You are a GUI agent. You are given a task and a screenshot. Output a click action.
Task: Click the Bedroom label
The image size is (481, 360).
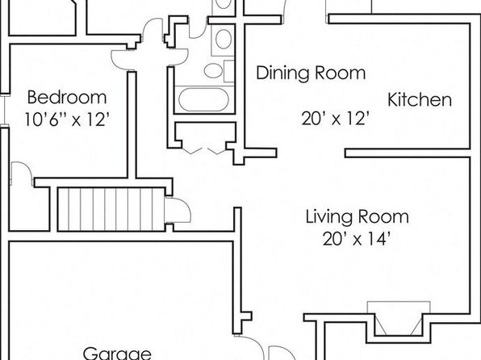(67, 98)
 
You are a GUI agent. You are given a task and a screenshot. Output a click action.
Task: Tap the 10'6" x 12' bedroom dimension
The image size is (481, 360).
(67, 119)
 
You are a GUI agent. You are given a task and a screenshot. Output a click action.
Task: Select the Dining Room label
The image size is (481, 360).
(311, 73)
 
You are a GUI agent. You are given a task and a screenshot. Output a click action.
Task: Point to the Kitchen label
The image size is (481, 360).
(420, 99)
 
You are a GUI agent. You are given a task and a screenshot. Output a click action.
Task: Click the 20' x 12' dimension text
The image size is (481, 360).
(335, 119)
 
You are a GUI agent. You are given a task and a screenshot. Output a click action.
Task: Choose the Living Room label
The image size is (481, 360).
(358, 216)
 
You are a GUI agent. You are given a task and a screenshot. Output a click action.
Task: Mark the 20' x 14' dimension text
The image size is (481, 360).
(356, 239)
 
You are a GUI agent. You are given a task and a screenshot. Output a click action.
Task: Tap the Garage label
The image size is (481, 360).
(117, 354)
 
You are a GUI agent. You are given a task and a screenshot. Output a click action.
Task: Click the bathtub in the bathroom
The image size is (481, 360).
(203, 99)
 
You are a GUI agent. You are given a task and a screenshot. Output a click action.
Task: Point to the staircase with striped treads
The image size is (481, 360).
(111, 209)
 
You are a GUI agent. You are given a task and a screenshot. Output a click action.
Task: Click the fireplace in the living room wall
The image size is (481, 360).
(399, 319)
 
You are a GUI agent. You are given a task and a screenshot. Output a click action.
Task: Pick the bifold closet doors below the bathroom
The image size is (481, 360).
(204, 151)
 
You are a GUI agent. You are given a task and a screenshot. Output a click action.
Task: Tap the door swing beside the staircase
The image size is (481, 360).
(178, 210)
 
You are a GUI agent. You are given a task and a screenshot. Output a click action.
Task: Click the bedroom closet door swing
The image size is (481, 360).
(22, 174)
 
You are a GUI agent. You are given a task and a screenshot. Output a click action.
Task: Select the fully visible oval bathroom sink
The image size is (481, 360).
(224, 39)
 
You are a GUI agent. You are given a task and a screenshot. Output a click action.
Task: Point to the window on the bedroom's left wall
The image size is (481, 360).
(4, 110)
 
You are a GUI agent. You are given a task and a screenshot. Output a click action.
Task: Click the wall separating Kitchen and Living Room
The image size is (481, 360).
(408, 153)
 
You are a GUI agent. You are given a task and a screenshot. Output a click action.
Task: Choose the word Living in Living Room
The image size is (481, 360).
(328, 216)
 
